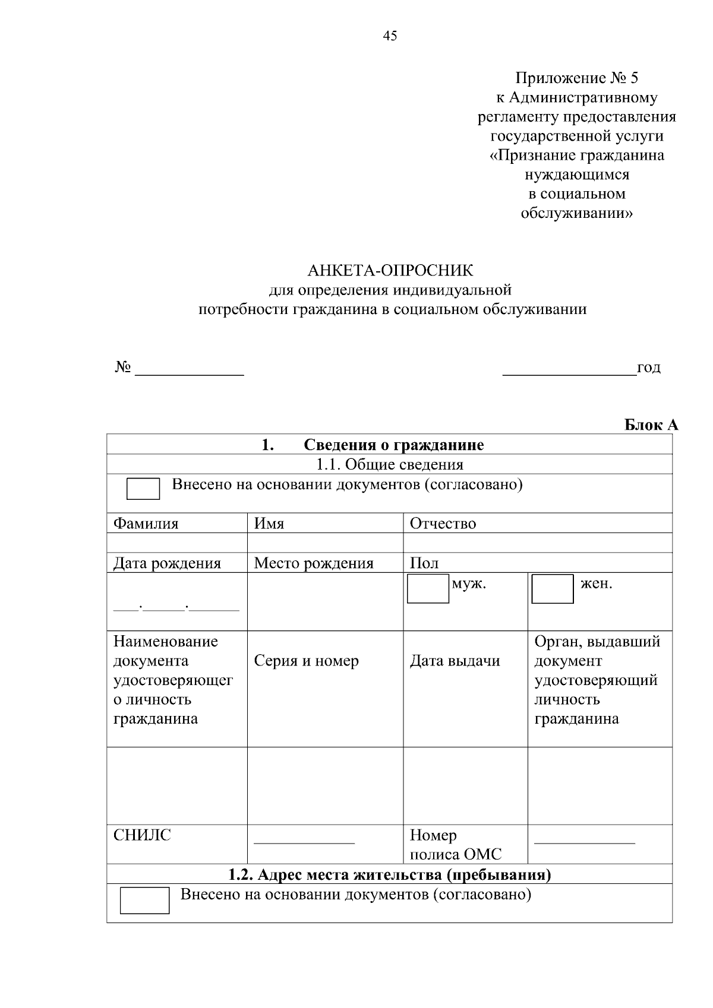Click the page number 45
click(x=390, y=36)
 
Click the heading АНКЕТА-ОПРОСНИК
click(x=390, y=271)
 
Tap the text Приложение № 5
click(x=576, y=78)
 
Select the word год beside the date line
click(x=648, y=368)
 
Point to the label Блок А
click(x=651, y=425)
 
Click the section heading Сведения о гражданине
click(x=393, y=445)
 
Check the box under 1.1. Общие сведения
click(x=143, y=489)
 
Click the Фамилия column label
click(x=146, y=524)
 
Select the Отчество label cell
click(x=443, y=524)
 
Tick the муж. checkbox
click(x=428, y=588)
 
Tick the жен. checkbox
click(x=552, y=589)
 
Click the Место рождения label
click(x=314, y=563)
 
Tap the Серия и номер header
click(x=306, y=661)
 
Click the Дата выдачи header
click(x=455, y=661)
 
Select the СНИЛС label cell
click(x=142, y=835)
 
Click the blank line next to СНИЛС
click(x=304, y=841)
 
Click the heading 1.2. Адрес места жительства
click(x=390, y=874)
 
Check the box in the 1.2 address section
click(x=144, y=901)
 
